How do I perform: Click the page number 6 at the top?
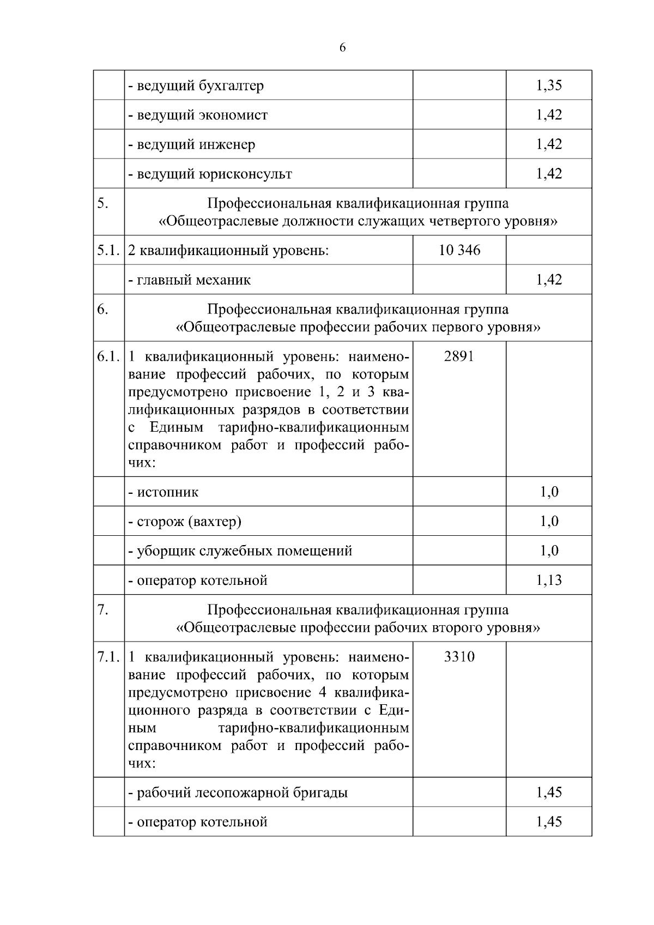342,48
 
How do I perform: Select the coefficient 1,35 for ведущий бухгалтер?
549,86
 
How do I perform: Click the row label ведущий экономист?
198,115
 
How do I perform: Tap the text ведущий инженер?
192,144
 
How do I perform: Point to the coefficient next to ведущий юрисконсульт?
549,174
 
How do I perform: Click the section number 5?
102,203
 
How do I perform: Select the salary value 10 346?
459,250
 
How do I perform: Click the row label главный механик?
190,280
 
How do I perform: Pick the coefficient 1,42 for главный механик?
549,280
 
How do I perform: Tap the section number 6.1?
108,356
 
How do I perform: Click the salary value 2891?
459,356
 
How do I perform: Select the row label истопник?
163,492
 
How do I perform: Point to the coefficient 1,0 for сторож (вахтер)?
549,522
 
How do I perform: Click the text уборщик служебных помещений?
240,551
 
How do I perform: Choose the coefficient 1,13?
549,581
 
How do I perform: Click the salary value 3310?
459,657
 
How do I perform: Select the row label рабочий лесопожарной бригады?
238,793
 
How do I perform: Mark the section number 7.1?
108,657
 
